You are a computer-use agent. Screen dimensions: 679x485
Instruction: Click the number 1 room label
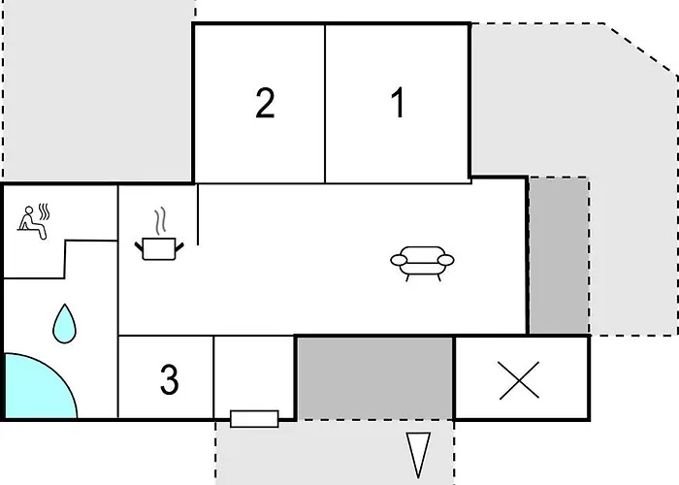pos(399,102)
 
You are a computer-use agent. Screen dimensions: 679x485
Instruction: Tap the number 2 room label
pos(265,103)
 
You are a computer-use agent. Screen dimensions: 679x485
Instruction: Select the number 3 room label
pos(170,379)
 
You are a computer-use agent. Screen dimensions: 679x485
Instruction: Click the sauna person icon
pos(33,222)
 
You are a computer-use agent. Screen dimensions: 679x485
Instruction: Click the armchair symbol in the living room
pos(422,263)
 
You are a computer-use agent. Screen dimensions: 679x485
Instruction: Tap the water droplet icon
pos(65,323)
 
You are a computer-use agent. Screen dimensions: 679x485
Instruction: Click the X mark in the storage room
pos(519,380)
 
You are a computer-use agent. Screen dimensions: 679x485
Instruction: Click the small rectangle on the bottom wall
pos(254,419)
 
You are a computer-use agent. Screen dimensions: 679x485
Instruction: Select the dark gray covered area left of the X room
pos(375,378)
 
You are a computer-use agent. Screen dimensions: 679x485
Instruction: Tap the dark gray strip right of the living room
pos(559,255)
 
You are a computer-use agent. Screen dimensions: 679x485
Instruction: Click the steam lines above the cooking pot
pos(160,221)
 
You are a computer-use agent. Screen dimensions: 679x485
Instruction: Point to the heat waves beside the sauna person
pos(45,211)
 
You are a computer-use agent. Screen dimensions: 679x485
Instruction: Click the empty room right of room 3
pos(254,372)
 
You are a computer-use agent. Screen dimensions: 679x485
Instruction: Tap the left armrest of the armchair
pos(399,260)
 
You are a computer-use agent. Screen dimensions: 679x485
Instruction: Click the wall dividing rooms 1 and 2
pos(325,104)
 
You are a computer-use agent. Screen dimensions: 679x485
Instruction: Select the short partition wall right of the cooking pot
pos(198,214)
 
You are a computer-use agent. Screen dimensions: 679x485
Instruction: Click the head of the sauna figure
pos(29,210)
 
